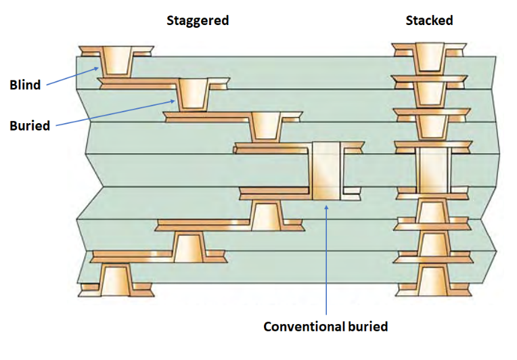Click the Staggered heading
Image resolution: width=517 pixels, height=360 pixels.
click(198, 20)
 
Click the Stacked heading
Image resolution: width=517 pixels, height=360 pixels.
click(429, 20)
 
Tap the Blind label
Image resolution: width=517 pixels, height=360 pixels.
click(25, 85)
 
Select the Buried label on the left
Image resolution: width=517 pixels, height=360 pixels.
click(30, 125)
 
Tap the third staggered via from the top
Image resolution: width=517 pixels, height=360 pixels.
click(266, 127)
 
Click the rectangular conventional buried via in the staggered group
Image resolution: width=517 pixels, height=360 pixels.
click(328, 171)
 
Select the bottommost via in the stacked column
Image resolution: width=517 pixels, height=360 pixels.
click(430, 279)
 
